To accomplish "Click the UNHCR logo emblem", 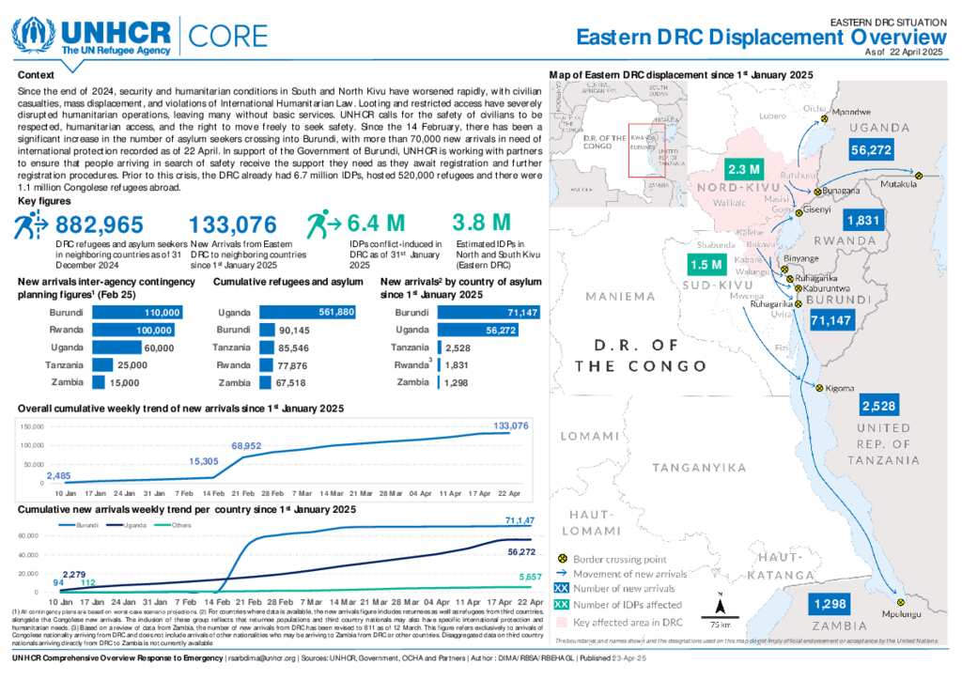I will (x=32, y=34).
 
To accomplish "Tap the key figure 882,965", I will (x=100, y=224).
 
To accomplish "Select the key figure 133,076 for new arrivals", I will (x=233, y=224).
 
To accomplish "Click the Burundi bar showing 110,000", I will (x=139, y=312).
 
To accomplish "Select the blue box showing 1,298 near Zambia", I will (x=830, y=603).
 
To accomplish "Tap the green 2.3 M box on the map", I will (x=743, y=170).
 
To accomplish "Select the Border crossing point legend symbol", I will (x=563, y=558).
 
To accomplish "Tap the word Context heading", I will (x=37, y=74).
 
